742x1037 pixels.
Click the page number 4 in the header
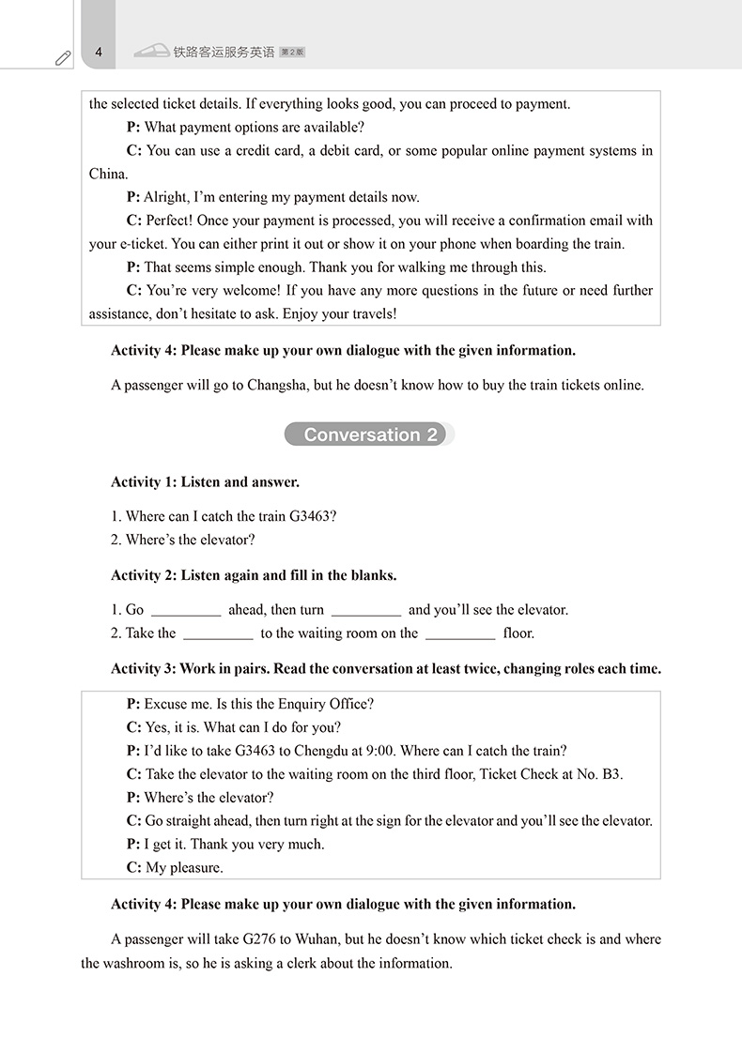tap(99, 53)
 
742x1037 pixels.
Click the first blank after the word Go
tap(186, 611)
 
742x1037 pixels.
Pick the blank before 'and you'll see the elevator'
tap(366, 611)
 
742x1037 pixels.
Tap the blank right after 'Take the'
tap(218, 634)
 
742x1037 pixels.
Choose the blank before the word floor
tap(460, 634)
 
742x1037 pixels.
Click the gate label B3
tap(611, 774)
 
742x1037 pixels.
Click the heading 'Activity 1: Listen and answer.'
tap(205, 482)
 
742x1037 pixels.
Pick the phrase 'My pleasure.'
tap(183, 867)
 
